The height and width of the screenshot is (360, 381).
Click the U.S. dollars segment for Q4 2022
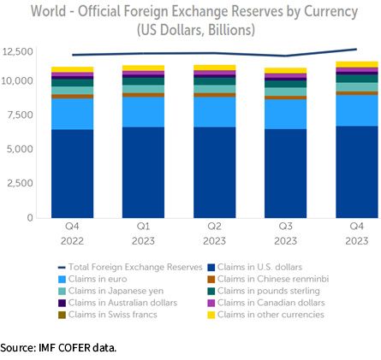[72, 174]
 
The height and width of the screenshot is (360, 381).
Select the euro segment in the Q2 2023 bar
[215, 112]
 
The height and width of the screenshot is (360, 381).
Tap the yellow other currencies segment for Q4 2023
[357, 64]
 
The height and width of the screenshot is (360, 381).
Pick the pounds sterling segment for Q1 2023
[143, 81]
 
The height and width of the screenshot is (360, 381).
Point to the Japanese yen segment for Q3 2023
[286, 91]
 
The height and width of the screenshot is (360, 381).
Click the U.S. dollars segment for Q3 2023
[286, 174]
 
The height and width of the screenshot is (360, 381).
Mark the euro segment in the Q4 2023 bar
[357, 110]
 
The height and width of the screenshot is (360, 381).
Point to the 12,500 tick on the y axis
[18, 52]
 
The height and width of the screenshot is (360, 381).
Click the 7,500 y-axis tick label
[21, 115]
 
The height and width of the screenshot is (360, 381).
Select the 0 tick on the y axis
[30, 218]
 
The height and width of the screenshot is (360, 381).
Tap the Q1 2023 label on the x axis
[143, 233]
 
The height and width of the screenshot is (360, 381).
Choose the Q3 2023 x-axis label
[286, 233]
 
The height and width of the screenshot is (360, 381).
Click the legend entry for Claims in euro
[92, 279]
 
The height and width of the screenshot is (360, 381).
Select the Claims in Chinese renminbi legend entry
[268, 279]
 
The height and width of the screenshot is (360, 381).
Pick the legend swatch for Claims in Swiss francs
[62, 315]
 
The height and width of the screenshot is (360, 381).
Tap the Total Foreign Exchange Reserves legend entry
[130, 267]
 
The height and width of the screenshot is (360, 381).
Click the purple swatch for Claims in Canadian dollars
[211, 303]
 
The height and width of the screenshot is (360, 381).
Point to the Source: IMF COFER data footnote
[58, 348]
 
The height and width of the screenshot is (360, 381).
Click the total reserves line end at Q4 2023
[356, 49]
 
